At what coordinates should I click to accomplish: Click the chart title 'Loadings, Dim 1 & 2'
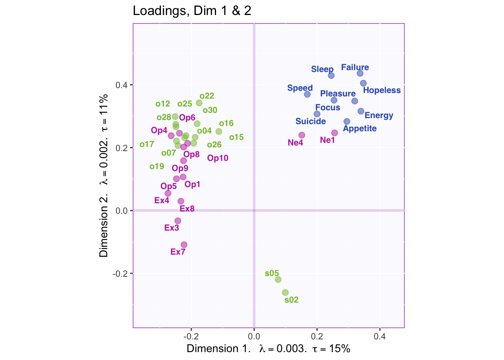[x=192, y=11]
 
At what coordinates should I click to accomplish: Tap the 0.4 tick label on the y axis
[x=121, y=85]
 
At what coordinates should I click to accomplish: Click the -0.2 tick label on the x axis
[x=191, y=336]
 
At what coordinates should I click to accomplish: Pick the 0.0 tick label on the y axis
[x=121, y=211]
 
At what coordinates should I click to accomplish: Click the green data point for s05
[x=278, y=279]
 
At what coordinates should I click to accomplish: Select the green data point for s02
[x=285, y=292]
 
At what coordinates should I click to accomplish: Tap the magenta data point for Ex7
[x=184, y=245]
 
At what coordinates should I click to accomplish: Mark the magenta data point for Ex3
[x=178, y=221]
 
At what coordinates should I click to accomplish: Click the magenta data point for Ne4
[x=301, y=135]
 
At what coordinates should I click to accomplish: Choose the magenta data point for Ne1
[x=334, y=133]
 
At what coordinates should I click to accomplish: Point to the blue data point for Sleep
[x=331, y=75]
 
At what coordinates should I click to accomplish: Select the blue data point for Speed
[x=307, y=94]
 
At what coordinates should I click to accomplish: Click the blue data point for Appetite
[x=347, y=121]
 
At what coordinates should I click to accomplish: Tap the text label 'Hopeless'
[x=382, y=90]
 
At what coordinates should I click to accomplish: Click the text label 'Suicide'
[x=310, y=121]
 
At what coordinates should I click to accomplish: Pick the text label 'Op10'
[x=218, y=158]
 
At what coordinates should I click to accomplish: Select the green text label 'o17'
[x=147, y=144]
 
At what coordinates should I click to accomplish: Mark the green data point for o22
[x=199, y=103]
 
